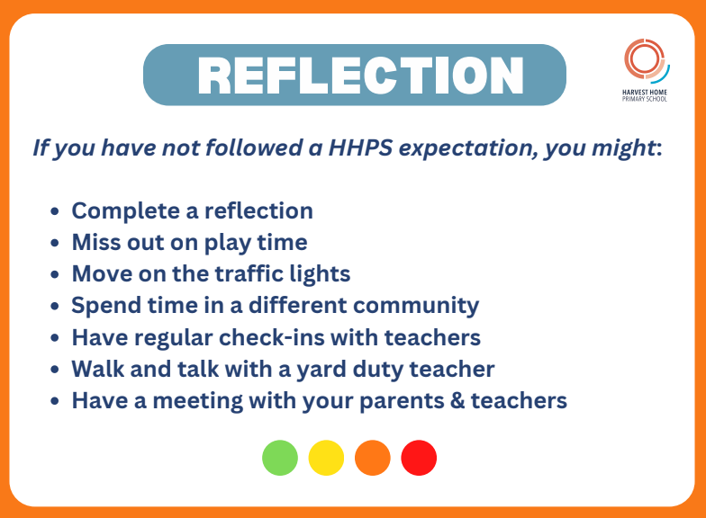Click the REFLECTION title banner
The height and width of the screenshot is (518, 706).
354,75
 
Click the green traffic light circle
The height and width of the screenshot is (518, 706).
280,458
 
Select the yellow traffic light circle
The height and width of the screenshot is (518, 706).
326,458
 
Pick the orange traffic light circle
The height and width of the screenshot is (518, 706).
373,458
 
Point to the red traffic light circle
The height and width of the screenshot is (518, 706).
419,458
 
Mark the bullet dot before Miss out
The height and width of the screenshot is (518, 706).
56,244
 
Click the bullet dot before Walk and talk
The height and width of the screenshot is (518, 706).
56,370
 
